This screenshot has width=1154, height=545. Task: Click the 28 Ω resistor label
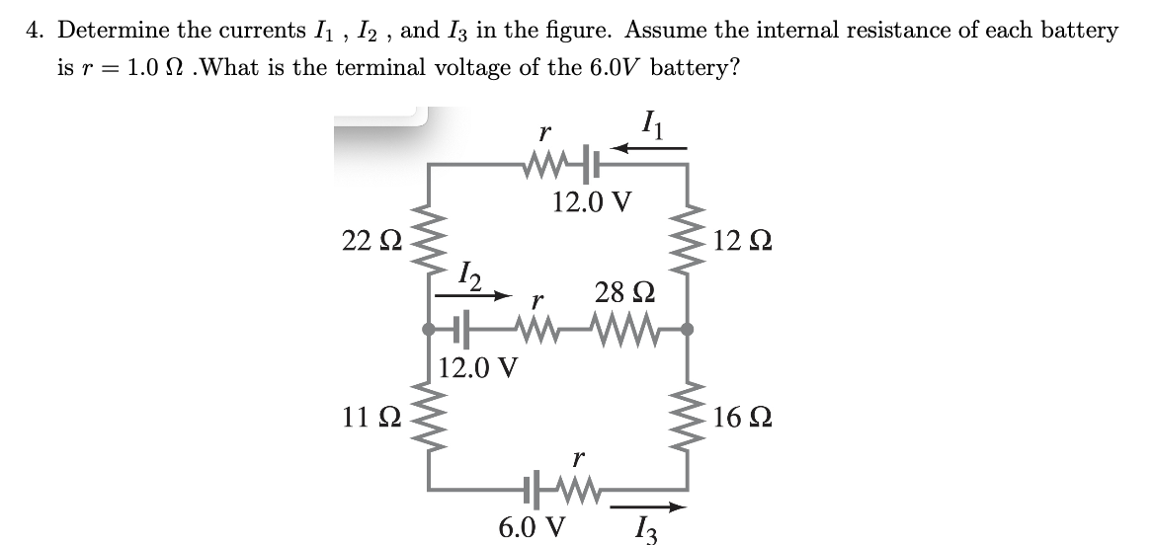(x=620, y=292)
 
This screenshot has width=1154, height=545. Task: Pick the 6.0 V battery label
(x=533, y=524)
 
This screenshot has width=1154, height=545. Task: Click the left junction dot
(x=427, y=328)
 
